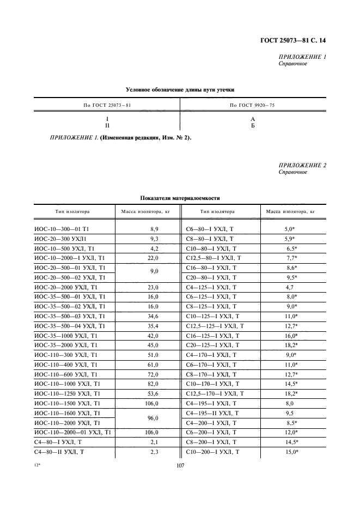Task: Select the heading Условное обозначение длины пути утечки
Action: [x=180, y=90]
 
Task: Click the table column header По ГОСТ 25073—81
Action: [x=107, y=104]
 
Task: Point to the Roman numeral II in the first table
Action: [x=107, y=125]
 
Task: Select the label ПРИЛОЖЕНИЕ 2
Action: [x=302, y=165]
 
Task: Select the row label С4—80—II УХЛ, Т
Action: [x=58, y=452]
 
